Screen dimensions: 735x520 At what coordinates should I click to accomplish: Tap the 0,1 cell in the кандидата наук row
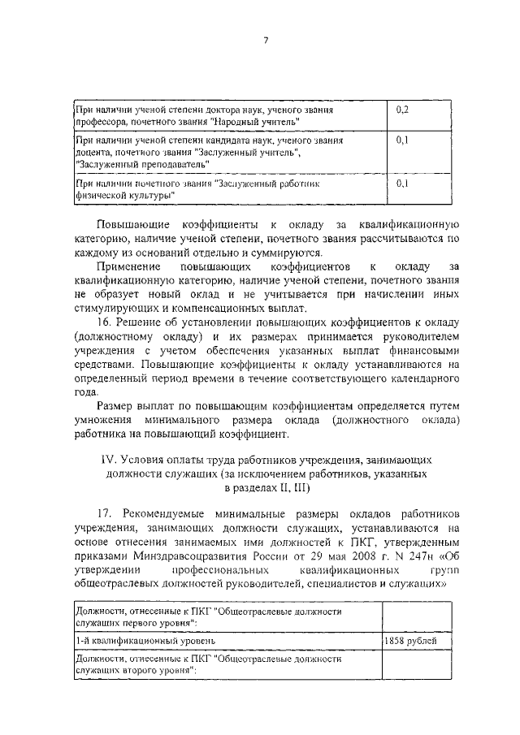coord(401,141)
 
